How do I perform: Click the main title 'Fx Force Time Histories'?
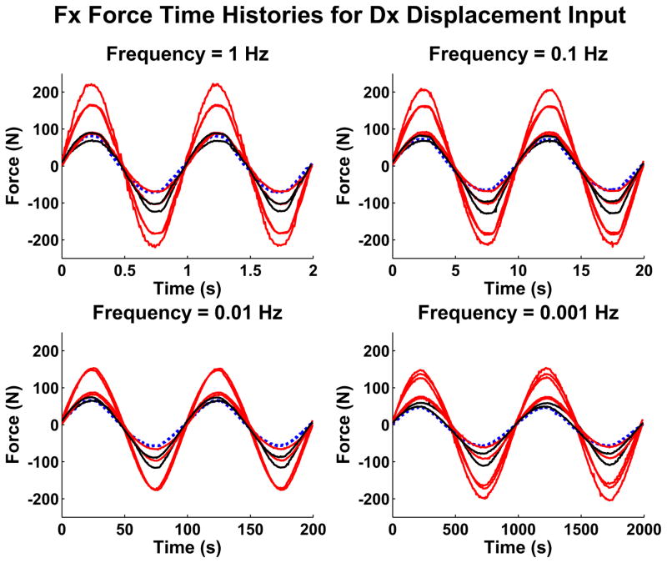click(x=333, y=15)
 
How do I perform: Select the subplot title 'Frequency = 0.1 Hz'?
click(x=518, y=54)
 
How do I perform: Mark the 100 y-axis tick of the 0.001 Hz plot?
click(x=374, y=388)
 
